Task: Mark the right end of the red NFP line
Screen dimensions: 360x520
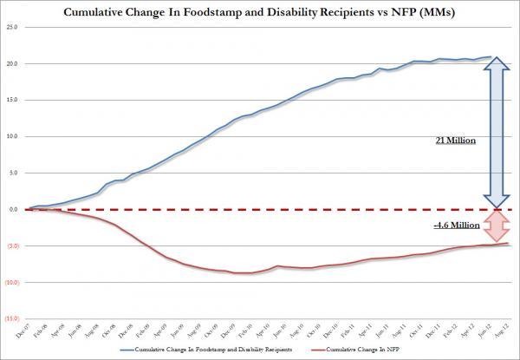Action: [507, 243]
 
